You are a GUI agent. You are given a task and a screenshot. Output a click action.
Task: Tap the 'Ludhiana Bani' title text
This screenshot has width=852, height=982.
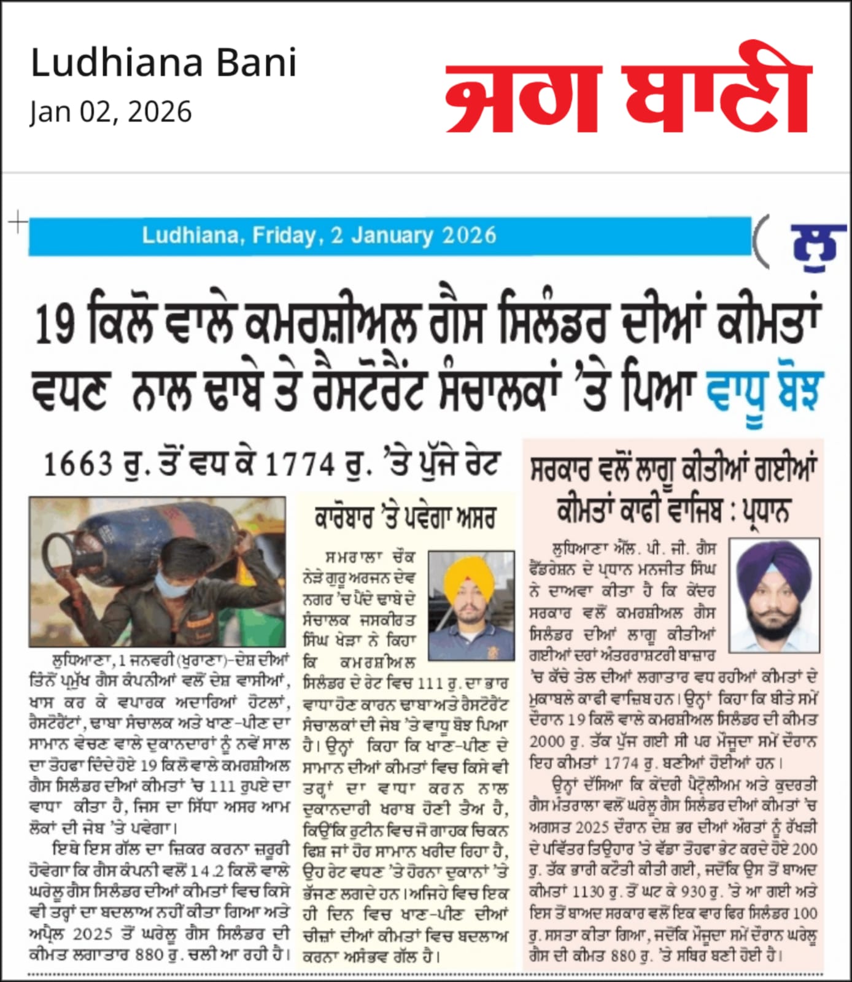pos(163,63)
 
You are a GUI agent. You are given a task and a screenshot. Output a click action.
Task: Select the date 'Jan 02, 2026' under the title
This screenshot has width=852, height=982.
pos(110,112)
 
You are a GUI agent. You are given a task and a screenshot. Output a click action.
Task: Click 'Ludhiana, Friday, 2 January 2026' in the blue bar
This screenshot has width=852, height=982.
pos(319,236)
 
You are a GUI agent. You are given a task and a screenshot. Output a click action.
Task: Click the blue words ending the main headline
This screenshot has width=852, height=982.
pos(764,390)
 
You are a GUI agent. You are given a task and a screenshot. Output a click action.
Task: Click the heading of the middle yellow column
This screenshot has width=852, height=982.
pos(405,519)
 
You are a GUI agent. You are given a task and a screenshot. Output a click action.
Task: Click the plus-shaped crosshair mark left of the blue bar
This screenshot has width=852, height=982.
pos(18,222)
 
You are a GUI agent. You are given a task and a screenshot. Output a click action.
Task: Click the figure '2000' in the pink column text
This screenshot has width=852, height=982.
pos(547,742)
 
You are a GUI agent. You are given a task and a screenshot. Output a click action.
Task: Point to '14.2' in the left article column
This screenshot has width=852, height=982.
pos(202,872)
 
